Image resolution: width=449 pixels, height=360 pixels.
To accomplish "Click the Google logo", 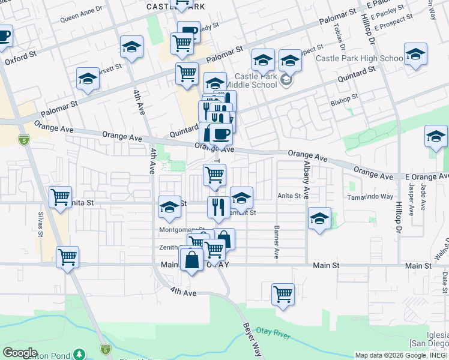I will [x=20, y=352].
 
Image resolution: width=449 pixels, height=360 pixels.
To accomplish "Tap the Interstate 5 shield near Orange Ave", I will [x=23, y=139].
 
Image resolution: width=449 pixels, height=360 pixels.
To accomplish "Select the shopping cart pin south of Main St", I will [x=283, y=294].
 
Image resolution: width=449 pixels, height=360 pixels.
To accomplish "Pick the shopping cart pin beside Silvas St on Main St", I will [x=67, y=257].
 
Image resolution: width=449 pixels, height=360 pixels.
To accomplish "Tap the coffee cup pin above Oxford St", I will [x=4, y=36].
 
